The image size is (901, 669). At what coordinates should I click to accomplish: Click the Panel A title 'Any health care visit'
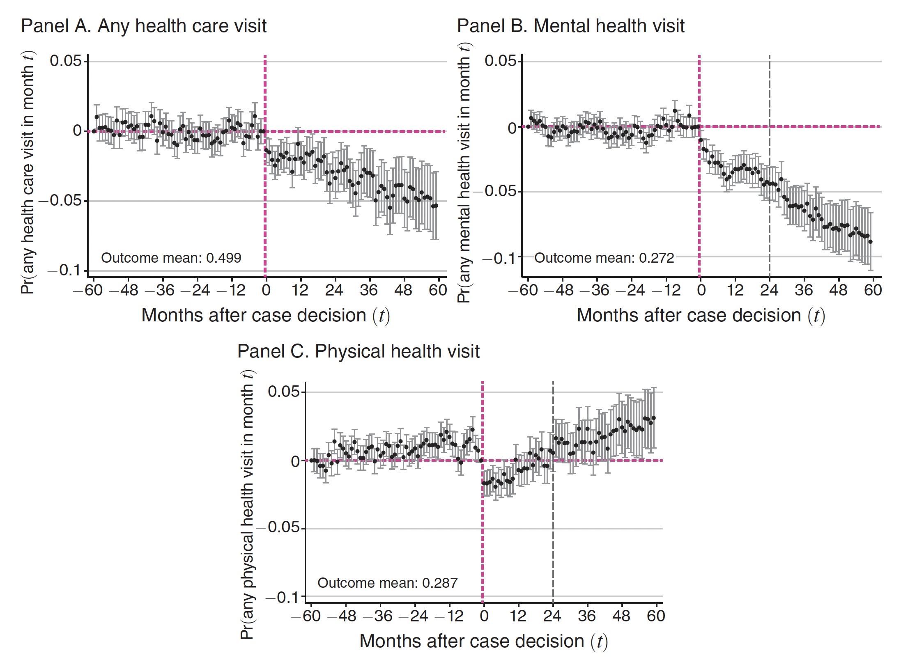144,26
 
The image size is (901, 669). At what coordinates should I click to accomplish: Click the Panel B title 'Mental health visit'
570,26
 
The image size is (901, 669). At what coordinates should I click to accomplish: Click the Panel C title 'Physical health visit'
358,352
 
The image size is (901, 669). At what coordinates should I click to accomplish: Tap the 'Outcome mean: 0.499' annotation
171,258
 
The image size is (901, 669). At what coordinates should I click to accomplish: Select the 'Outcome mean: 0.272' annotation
604,258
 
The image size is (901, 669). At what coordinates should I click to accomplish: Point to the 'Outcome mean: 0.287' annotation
387,583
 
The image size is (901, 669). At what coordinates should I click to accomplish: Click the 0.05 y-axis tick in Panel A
66,61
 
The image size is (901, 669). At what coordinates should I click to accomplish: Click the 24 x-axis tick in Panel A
334,290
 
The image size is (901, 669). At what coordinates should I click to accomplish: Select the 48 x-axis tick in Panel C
621,616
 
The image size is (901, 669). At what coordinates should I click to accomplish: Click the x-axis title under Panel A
265,316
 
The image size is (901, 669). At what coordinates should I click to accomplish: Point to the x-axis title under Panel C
483,641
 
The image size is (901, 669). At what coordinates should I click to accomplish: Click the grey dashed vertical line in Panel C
553,534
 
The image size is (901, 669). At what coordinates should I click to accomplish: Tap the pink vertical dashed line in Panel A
265,205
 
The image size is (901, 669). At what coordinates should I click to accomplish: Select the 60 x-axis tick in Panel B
873,290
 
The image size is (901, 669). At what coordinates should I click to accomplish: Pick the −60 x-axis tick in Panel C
306,616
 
